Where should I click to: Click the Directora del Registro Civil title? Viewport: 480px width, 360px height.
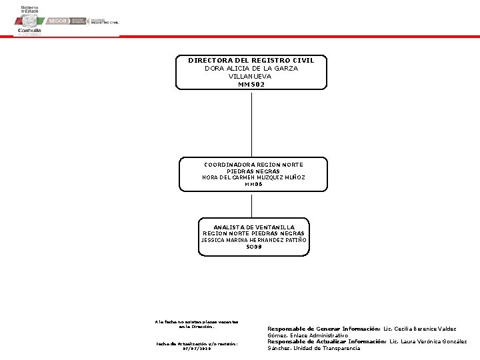tap(251, 61)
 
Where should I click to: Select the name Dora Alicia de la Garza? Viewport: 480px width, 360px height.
tap(251, 69)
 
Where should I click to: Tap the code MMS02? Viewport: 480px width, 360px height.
tap(251, 84)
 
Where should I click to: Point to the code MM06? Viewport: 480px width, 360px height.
tap(253, 185)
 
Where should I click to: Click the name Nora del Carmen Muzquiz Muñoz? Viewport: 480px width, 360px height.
tap(253, 177)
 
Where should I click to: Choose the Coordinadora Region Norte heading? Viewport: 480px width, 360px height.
tap(253, 165)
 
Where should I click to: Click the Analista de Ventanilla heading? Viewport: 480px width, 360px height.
tap(254, 227)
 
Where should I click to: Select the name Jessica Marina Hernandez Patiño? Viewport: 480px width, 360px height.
tap(254, 240)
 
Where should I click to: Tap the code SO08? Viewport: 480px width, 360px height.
tap(254, 247)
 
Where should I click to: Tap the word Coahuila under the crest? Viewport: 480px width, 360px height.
tap(29, 31)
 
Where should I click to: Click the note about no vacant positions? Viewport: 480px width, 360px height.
tap(196, 324)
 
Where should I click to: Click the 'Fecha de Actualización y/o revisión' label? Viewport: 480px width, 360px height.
tap(196, 343)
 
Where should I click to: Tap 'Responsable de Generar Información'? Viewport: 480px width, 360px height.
tap(323, 329)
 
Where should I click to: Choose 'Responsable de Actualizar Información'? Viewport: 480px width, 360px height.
tap(327, 341)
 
